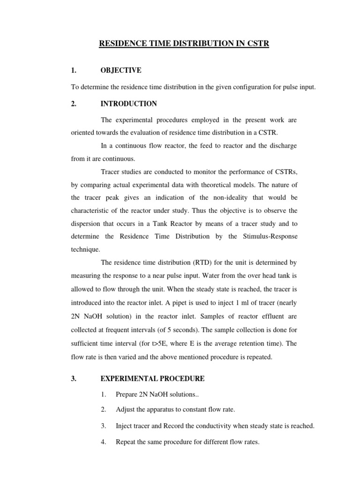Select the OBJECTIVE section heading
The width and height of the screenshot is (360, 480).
(120, 70)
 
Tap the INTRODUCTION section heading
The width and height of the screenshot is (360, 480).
(128, 104)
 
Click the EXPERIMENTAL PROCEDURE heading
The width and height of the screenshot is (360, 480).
(152, 378)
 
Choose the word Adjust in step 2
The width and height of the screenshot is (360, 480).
(126, 409)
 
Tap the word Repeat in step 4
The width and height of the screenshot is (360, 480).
(127, 442)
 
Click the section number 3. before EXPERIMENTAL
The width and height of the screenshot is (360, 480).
(74, 378)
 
